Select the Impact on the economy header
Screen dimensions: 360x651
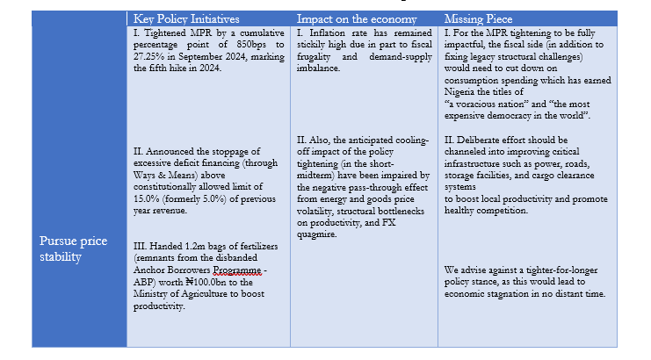(x=351, y=18)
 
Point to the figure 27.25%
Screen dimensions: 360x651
(x=149, y=57)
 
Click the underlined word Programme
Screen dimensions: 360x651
(x=232, y=270)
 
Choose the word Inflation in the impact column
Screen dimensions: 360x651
(x=325, y=33)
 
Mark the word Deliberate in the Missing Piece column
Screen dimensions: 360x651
(x=490, y=140)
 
